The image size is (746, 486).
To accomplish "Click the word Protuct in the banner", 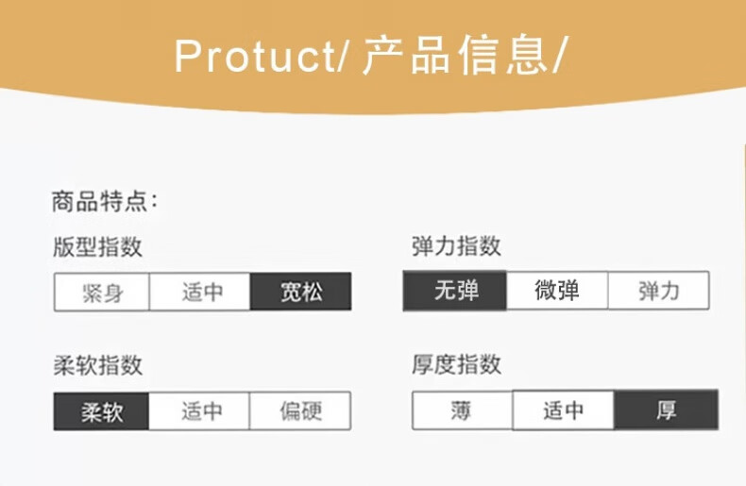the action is click(x=255, y=56).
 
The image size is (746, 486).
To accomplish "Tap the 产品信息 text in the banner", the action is click(x=454, y=55).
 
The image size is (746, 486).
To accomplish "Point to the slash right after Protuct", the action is click(x=343, y=56).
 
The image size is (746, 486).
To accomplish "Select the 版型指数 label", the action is click(x=97, y=247).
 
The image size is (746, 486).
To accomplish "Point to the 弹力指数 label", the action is click(x=456, y=246).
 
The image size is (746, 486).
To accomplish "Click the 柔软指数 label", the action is click(x=97, y=365).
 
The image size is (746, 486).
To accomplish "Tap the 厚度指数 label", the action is click(x=456, y=364).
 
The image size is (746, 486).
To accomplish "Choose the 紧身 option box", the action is click(x=102, y=292).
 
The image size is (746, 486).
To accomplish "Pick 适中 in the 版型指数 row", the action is click(x=200, y=292).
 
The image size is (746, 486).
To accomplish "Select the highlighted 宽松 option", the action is click(x=300, y=292).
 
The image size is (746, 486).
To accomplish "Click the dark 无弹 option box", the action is click(x=455, y=291).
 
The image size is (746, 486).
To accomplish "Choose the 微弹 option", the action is click(x=557, y=290).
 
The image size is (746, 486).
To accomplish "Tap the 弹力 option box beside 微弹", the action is click(x=658, y=291).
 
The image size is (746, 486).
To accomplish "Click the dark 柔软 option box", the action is click(x=101, y=411).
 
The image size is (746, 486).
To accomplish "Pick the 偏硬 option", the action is click(x=300, y=411).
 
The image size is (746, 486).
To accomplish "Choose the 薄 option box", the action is click(x=462, y=411).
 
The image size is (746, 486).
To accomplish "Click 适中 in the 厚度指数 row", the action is click(x=564, y=410).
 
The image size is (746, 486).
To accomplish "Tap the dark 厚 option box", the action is click(x=666, y=410).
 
